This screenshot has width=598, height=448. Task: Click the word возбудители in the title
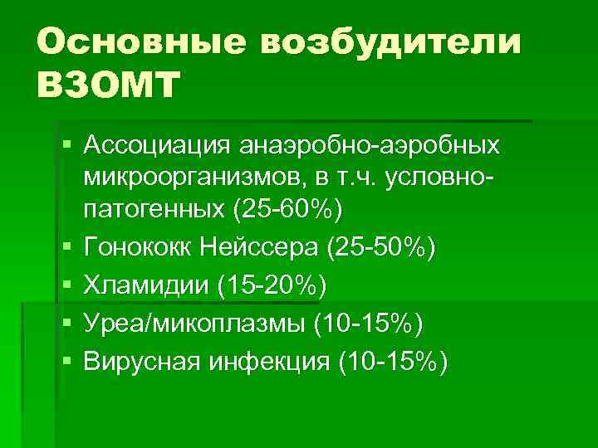(393, 41)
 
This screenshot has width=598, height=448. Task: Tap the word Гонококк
(135, 247)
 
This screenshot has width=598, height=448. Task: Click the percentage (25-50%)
(381, 247)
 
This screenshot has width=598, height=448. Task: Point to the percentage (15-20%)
(272, 285)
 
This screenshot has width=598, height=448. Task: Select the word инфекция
(262, 363)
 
